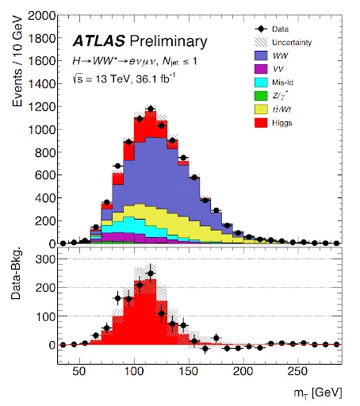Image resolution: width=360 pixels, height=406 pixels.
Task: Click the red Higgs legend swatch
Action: pyautogui.click(x=261, y=123)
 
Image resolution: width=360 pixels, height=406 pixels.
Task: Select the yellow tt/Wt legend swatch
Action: pyautogui.click(x=261, y=109)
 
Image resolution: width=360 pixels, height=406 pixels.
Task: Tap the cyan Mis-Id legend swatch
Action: pyautogui.click(x=261, y=82)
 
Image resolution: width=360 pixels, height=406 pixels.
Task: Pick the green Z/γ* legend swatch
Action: pyautogui.click(x=261, y=96)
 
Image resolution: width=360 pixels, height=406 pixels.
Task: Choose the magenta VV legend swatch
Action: pyautogui.click(x=261, y=69)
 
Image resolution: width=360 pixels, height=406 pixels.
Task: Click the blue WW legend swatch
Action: pyautogui.click(x=261, y=56)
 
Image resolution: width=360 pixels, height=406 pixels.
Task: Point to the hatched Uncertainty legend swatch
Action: pyautogui.click(x=261, y=42)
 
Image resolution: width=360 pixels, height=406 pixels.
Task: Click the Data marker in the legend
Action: pyautogui.click(x=261, y=29)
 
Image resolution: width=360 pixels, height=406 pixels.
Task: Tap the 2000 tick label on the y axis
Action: pyautogui.click(x=42, y=16)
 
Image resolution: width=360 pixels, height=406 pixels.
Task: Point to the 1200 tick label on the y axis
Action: pyautogui.click(x=42, y=107)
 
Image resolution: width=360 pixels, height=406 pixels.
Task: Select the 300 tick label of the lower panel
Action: pyautogui.click(x=45, y=259)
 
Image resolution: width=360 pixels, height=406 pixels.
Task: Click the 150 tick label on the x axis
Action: pyautogui.click(x=189, y=371)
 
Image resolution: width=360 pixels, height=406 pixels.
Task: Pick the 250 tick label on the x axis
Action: pyautogui.click(x=297, y=371)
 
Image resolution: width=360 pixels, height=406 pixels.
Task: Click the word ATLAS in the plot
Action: pyautogui.click(x=99, y=41)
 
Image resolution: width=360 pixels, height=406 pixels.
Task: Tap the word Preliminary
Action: pyautogui.click(x=169, y=42)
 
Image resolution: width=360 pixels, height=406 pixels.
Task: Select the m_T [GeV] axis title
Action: pyautogui.click(x=318, y=393)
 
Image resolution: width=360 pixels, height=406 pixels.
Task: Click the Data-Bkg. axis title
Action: pyautogui.click(x=16, y=274)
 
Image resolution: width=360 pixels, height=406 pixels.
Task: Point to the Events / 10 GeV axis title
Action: pyautogui.click(x=17, y=61)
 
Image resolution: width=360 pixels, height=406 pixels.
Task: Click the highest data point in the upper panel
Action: pyautogui.click(x=151, y=109)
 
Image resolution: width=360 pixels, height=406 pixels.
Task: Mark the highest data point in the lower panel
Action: pyautogui.click(x=151, y=274)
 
